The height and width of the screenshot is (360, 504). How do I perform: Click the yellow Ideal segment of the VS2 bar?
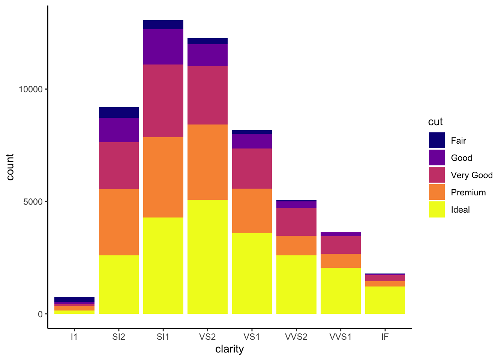point(207,257)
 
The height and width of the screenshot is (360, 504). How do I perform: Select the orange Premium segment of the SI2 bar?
point(119,222)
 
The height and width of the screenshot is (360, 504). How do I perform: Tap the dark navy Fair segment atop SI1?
point(163,25)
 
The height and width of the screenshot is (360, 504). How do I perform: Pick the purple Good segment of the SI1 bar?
point(163,47)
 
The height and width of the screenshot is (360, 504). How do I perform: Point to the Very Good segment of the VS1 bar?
point(252,168)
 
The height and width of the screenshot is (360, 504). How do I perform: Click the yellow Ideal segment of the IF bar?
point(385,300)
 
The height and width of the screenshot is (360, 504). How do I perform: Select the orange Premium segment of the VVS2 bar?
point(296,246)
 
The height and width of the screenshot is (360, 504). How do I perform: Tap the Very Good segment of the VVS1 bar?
point(340,245)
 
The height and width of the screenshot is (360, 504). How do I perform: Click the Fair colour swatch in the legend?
point(437,140)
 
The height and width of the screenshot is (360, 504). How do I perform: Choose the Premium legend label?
point(468,192)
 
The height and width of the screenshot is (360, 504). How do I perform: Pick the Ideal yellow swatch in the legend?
point(437,210)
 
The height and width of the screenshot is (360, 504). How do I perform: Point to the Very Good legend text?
point(472,175)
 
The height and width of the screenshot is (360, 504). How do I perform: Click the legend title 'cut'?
point(435,122)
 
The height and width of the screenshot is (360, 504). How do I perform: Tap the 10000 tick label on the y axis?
point(31,89)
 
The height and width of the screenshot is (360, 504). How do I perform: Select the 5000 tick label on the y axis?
point(33,202)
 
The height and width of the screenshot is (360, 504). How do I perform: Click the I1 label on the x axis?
point(74,337)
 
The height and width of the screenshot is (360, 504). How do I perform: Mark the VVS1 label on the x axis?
point(340,337)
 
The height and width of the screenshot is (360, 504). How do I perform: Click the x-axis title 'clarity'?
point(229,349)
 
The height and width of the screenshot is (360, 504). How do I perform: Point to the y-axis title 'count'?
point(10,167)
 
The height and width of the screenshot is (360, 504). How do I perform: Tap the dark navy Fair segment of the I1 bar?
point(74,299)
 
